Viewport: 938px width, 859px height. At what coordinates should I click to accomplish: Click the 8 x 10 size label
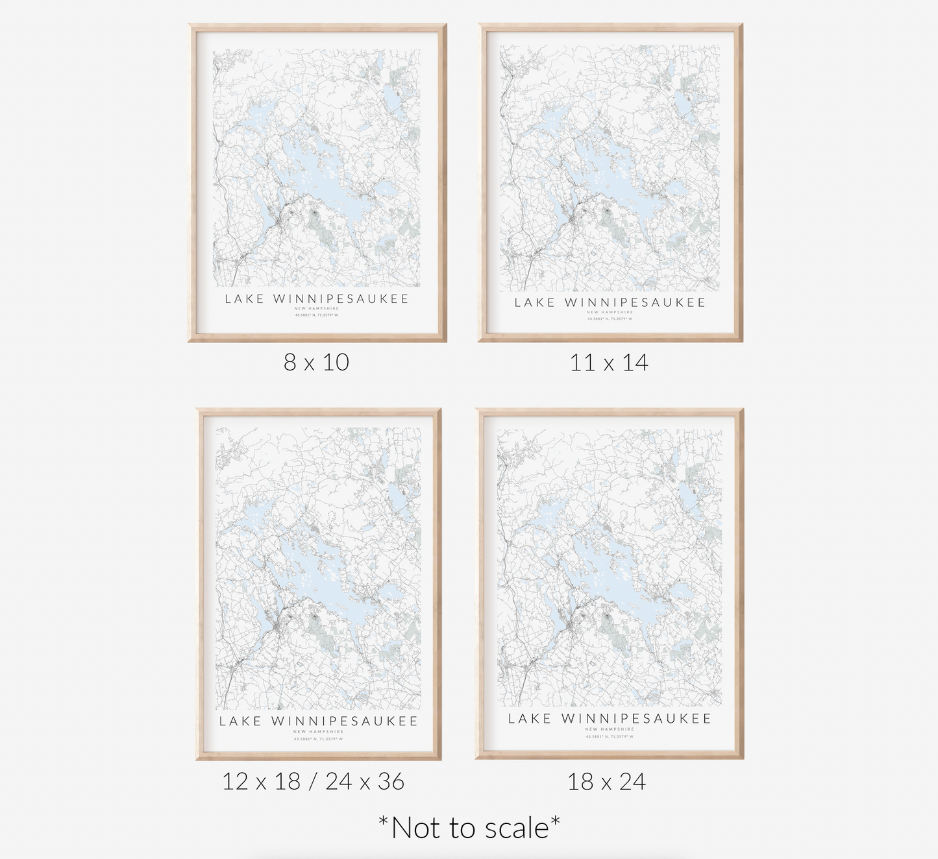point(316,362)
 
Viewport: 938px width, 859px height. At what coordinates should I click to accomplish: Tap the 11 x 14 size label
point(609,363)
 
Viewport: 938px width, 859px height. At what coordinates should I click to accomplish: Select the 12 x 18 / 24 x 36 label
point(313,782)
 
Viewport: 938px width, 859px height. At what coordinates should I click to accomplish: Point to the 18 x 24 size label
point(606,782)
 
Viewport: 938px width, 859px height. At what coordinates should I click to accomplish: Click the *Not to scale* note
point(469,829)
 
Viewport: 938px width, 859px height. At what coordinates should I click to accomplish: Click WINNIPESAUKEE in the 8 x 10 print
point(341,299)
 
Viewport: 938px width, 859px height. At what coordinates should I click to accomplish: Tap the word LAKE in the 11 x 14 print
point(535,302)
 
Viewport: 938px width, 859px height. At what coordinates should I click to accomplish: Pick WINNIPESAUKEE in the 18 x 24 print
point(636,719)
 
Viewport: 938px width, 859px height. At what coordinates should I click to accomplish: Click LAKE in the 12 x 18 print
point(240,721)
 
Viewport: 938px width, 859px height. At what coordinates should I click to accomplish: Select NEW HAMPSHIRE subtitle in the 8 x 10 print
point(317,308)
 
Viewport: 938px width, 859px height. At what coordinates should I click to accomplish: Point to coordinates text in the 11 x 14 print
point(610,319)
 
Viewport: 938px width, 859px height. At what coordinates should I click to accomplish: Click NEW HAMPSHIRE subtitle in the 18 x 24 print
point(610,729)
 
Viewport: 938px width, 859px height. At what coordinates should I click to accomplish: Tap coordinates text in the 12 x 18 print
point(318,738)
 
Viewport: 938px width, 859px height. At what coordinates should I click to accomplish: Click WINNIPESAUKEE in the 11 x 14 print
point(635,302)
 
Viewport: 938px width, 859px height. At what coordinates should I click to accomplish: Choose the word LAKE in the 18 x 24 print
point(529,719)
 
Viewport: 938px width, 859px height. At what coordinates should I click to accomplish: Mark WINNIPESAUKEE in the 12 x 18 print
point(345,721)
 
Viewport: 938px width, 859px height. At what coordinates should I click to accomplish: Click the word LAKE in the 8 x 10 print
point(245,299)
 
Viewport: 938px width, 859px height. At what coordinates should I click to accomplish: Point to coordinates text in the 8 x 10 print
point(317,315)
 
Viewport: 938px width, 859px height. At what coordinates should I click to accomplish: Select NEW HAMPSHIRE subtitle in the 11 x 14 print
point(610,312)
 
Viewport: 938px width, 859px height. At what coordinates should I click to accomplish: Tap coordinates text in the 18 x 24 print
point(610,736)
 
